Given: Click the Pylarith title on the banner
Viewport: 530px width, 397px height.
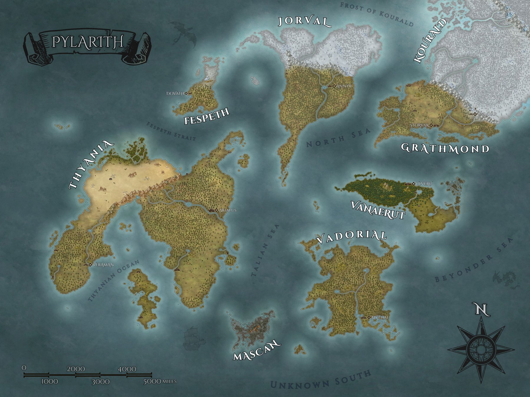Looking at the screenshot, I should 87,42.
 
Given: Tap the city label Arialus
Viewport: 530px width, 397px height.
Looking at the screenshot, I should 228,210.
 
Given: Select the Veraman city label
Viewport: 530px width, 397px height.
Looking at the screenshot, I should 103,265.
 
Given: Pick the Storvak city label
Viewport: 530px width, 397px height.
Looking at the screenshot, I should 420,125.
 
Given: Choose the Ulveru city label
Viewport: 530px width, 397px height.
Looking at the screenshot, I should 424,184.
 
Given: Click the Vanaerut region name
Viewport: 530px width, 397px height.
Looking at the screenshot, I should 378,209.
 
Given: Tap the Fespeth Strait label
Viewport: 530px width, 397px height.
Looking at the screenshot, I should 171,131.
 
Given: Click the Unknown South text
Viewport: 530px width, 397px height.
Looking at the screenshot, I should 321,380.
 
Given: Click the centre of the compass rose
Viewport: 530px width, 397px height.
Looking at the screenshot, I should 481,350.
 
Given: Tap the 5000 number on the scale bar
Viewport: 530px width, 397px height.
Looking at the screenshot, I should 152,381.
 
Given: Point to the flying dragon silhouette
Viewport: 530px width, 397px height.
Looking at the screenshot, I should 184,34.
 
